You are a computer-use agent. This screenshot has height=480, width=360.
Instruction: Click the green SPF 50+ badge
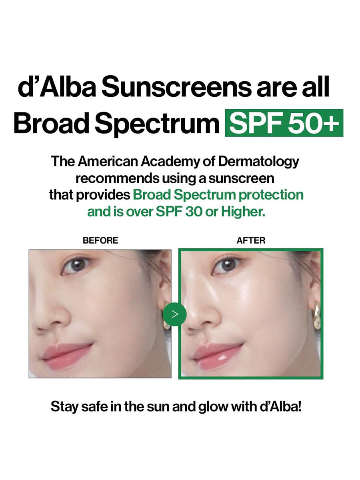(x=284, y=123)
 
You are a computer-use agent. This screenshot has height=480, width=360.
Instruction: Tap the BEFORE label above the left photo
(x=100, y=240)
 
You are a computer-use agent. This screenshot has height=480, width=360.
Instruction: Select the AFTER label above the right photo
(x=251, y=240)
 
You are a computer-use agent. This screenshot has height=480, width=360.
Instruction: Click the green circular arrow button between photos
(x=175, y=314)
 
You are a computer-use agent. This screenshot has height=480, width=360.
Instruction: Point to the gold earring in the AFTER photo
(x=316, y=315)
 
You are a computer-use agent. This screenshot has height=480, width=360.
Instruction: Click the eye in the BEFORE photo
(x=76, y=265)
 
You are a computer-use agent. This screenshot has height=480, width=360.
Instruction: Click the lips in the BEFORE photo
(x=67, y=357)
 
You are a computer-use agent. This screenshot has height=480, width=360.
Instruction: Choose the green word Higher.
(x=243, y=212)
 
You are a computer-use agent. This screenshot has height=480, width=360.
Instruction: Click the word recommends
(x=117, y=179)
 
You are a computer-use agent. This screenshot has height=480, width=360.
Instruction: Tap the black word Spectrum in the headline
(x=157, y=124)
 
